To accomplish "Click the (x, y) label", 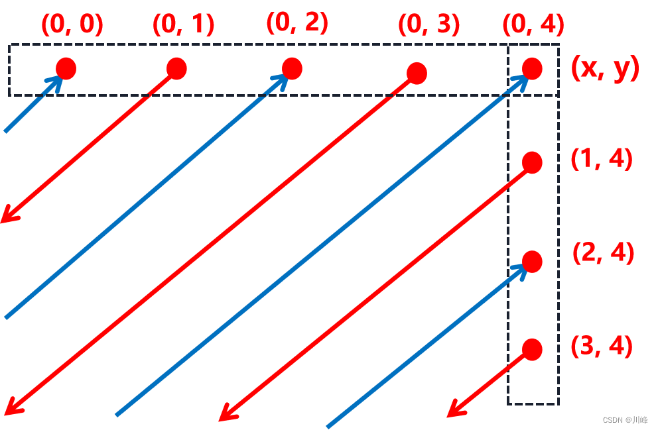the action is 605,68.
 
